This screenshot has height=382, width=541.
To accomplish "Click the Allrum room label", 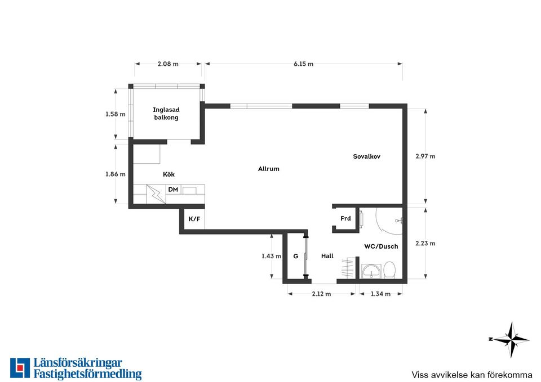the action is click(268, 169).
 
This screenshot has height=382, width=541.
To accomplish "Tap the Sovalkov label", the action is click(366, 156).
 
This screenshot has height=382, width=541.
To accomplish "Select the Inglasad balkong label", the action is click(166, 114).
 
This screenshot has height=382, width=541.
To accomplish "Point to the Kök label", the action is click(168, 174).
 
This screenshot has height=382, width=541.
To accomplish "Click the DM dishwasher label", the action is click(173, 190).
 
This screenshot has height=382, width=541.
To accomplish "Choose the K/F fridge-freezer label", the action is click(194, 219).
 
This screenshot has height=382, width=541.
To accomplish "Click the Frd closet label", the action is click(345, 218).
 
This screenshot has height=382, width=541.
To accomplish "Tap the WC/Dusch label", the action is click(381, 246).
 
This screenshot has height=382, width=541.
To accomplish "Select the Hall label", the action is click(327, 256).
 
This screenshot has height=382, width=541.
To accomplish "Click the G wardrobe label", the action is click(296, 257).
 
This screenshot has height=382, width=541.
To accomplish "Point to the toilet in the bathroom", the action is click(389, 269).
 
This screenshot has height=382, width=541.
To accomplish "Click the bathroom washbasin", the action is click(371, 271).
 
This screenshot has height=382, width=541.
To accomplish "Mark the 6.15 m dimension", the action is click(304, 64).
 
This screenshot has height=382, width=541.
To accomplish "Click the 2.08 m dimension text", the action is click(168, 64).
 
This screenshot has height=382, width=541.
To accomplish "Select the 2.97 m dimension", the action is click(425, 156).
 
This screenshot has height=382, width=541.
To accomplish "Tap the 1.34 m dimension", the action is click(380, 294).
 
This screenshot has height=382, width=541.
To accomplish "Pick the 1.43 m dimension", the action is click(271, 256).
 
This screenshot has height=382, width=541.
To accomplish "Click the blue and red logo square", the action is click(20, 368).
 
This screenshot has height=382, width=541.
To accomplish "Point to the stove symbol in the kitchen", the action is click(156, 194).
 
